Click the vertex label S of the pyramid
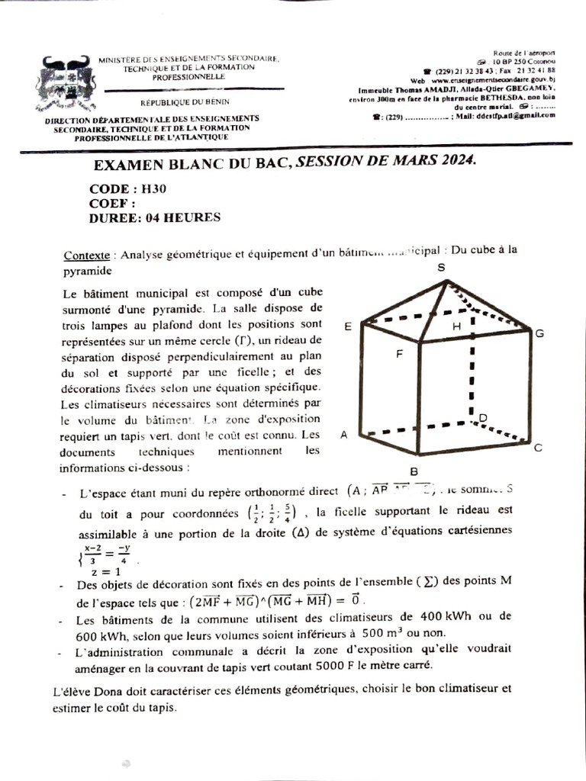pyautogui.click(x=441, y=268)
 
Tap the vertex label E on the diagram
pyautogui.click(x=347, y=326)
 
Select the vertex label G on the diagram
pyautogui.click(x=539, y=334)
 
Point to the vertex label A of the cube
pyautogui.click(x=343, y=435)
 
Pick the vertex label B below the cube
pyautogui.click(x=414, y=471)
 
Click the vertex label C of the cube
pyautogui.click(x=537, y=448)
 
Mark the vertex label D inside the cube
pyautogui.click(x=482, y=417)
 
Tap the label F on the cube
pyautogui.click(x=399, y=354)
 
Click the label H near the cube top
pyautogui.click(x=456, y=326)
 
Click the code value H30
pyautogui.click(x=152, y=189)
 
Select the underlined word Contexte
pyautogui.click(x=86, y=256)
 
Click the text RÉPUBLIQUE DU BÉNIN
pyautogui.click(x=184, y=101)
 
